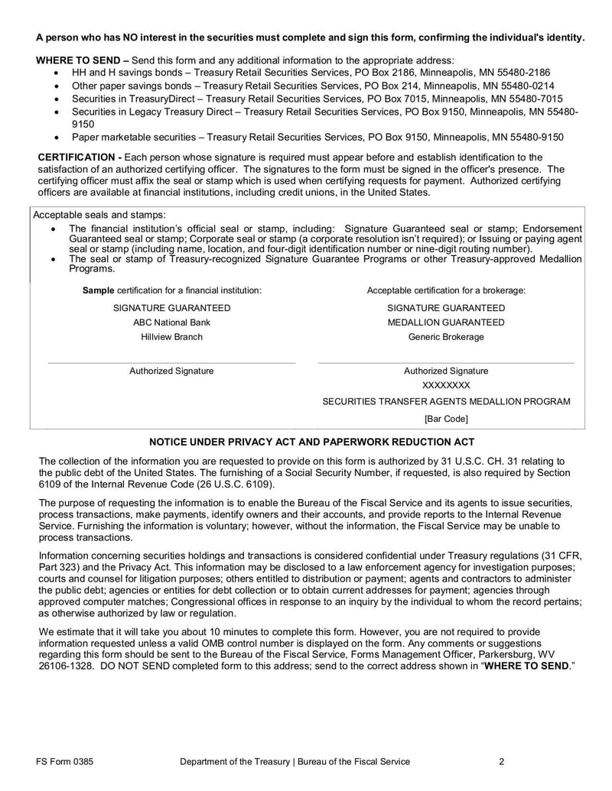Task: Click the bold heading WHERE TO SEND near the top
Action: [x=78, y=60]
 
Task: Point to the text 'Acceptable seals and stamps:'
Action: [x=99, y=215]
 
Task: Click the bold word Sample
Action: [x=98, y=290]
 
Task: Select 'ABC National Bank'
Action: [x=171, y=323]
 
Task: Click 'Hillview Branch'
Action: [x=171, y=336]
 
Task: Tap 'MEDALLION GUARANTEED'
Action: [x=446, y=323]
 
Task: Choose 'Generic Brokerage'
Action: [x=446, y=336]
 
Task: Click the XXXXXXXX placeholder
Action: [x=446, y=386]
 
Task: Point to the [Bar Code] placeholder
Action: [x=446, y=419]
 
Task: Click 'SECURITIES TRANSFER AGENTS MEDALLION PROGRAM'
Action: [x=446, y=402]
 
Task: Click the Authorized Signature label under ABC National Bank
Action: [x=171, y=371]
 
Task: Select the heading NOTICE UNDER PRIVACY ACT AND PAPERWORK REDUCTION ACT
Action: [x=311, y=443]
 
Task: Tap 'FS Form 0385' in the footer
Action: [x=65, y=761]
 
